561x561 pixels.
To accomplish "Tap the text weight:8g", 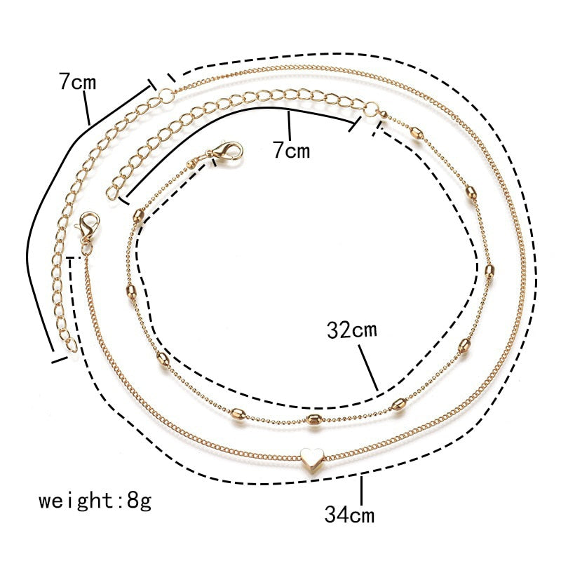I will pyautogui.click(x=95, y=501).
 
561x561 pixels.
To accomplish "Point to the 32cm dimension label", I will pyautogui.click(x=352, y=330).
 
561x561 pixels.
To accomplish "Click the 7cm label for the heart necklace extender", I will pyautogui.click(x=77, y=82).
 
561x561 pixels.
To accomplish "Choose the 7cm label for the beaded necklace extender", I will pyautogui.click(x=290, y=149).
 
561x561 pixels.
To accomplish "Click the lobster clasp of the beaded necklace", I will pyautogui.click(x=226, y=151).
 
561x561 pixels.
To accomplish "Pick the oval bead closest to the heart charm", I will pyautogui.click(x=312, y=421).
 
